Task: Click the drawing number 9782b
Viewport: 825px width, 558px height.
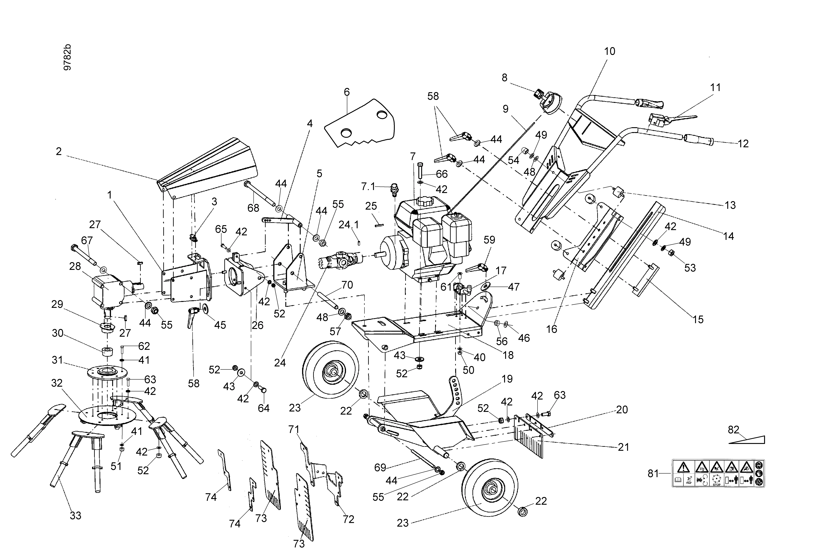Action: coord(67,58)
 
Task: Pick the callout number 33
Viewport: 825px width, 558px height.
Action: coord(76,515)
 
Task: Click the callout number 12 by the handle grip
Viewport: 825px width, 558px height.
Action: coord(743,144)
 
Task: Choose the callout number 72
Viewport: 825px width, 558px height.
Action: coord(349,519)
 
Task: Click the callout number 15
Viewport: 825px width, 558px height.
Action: coord(698,319)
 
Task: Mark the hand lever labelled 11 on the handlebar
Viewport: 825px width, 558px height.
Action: coord(676,119)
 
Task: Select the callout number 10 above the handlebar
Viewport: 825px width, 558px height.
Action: coord(610,51)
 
